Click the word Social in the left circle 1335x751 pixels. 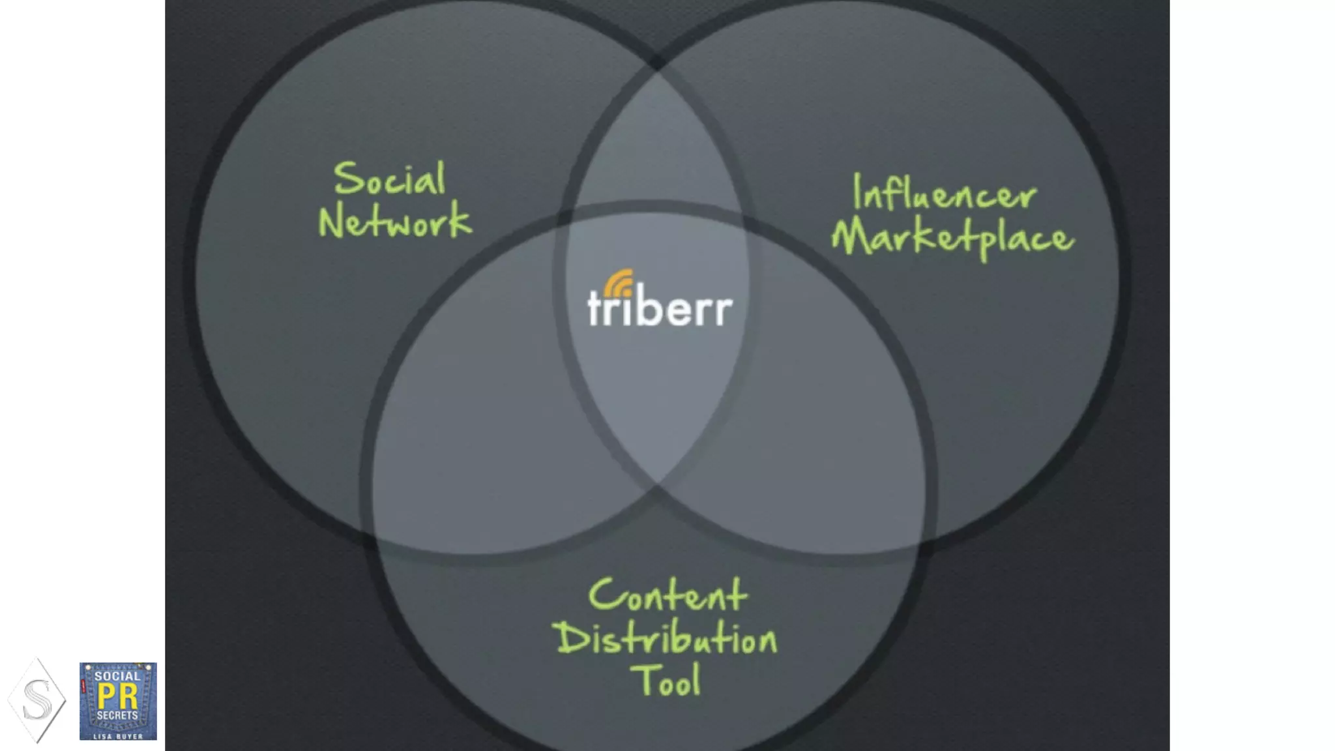pyautogui.click(x=390, y=179)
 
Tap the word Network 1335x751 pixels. pyautogui.click(x=394, y=221)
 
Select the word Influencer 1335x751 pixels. pyautogui.click(x=944, y=194)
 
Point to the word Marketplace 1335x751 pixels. pyautogui.click(x=952, y=239)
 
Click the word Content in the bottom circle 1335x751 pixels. pyautogui.click(x=667, y=595)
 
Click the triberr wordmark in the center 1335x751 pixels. pyautogui.click(x=660, y=308)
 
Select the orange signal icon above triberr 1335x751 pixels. pyautogui.click(x=618, y=283)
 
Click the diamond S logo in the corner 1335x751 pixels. pyautogui.click(x=37, y=701)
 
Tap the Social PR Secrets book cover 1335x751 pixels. pyautogui.click(x=118, y=701)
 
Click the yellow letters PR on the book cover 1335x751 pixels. pyautogui.click(x=117, y=696)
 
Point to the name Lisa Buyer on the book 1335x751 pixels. pyautogui.click(x=118, y=736)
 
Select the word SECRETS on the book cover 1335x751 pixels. pyautogui.click(x=117, y=715)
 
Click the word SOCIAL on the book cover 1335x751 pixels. pyautogui.click(x=117, y=676)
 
